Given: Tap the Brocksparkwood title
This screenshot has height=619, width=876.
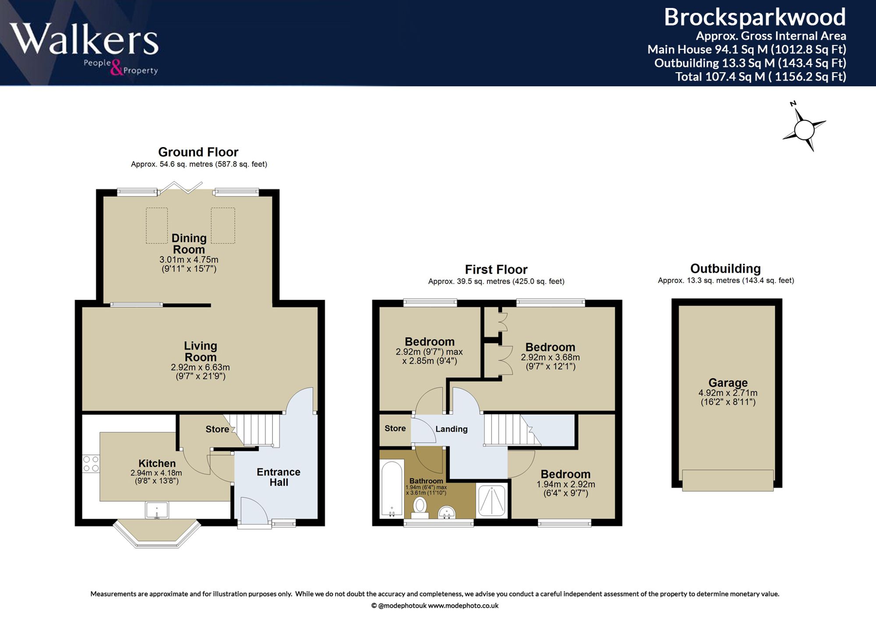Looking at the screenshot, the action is click(x=755, y=18).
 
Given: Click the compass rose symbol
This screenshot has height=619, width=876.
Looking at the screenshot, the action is click(x=804, y=127).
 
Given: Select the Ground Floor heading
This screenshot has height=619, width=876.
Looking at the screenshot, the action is click(x=198, y=152).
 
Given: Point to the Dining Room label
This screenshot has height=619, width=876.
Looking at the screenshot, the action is click(x=189, y=244).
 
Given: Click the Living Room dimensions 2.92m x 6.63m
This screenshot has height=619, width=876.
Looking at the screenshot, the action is click(x=200, y=367).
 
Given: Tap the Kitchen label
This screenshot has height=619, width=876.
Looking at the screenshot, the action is click(x=157, y=463).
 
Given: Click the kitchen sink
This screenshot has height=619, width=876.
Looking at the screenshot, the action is click(x=157, y=510).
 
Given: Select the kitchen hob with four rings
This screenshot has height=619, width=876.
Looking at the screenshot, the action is click(x=91, y=464).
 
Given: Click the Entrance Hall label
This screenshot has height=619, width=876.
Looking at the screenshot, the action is click(x=279, y=477).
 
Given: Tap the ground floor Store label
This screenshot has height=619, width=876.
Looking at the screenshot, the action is click(x=217, y=429).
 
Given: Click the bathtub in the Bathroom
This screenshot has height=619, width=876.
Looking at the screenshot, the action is click(x=392, y=488).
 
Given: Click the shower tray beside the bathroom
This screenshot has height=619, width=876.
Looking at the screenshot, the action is click(x=491, y=500).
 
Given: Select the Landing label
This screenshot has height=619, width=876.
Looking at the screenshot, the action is click(x=451, y=429).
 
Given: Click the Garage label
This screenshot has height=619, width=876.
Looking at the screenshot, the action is click(x=728, y=383).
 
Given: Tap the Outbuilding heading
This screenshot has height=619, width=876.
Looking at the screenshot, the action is click(x=725, y=268).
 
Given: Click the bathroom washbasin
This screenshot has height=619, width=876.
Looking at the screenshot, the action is click(x=447, y=512).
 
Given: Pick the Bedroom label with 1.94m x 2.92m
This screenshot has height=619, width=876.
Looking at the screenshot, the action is click(x=565, y=474).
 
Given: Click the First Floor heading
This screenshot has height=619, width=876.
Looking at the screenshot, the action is click(x=496, y=269).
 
